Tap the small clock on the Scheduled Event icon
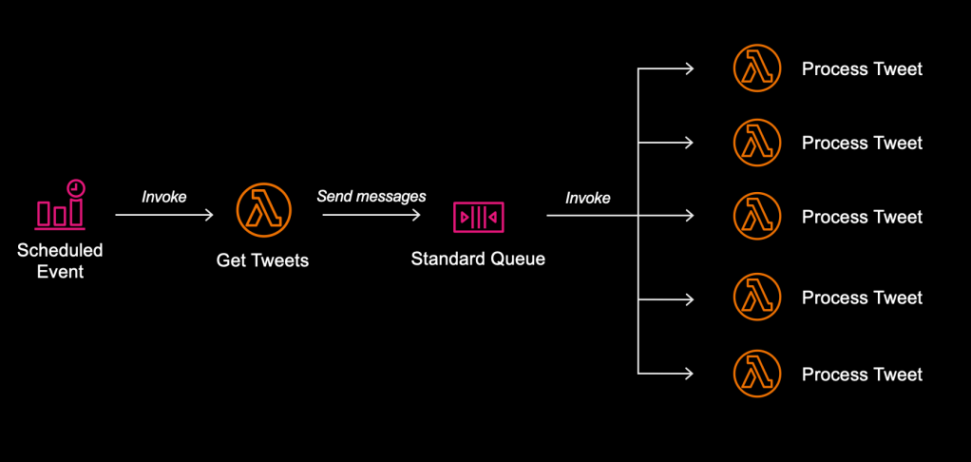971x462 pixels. tap(74, 187)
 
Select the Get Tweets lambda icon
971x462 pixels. tap(263, 208)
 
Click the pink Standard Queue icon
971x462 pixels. tap(478, 217)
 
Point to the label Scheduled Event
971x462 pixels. tap(60, 261)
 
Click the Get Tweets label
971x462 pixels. tap(262, 260)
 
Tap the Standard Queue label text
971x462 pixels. tap(478, 259)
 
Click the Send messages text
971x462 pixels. tap(371, 197)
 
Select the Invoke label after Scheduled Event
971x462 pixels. tap(164, 197)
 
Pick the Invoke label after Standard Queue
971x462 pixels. tap(588, 198)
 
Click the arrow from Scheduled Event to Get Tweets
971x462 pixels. tap(164, 216)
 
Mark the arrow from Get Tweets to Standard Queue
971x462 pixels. tap(371, 216)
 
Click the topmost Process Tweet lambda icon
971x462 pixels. tap(757, 68)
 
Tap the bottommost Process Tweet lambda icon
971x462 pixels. tap(757, 374)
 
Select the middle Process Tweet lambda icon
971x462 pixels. tap(757, 217)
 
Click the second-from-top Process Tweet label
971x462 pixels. tap(862, 143)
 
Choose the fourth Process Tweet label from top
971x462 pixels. tap(862, 298)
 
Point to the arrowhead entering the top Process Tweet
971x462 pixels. tap(689, 68)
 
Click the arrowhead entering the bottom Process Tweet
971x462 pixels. tap(689, 374)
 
